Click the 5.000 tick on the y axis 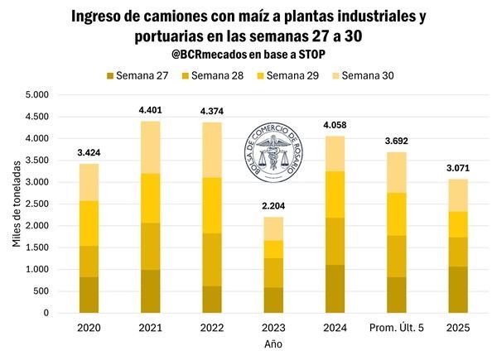point(36,95)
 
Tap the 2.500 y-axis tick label point(36,204)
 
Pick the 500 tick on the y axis point(42,291)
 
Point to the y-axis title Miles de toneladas point(16,204)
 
